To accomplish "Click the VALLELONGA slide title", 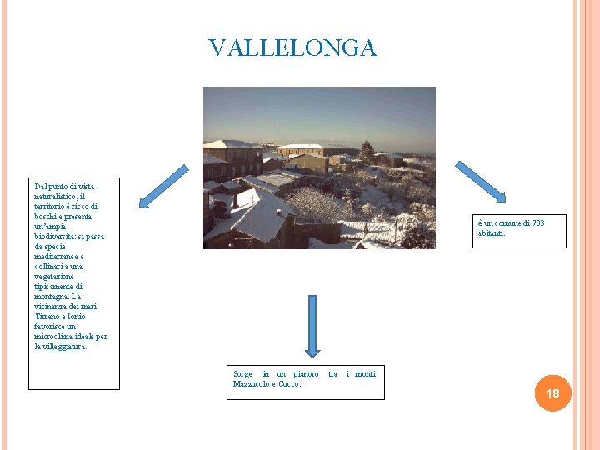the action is (x=292, y=48).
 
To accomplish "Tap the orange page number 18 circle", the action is (x=552, y=392).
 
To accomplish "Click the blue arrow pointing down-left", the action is (x=163, y=186).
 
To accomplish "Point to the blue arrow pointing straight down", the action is (x=312, y=326).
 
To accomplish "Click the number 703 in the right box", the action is (x=537, y=223).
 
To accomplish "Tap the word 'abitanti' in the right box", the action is (x=492, y=233).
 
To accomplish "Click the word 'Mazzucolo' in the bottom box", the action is (x=251, y=384).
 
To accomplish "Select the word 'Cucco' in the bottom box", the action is (x=289, y=384).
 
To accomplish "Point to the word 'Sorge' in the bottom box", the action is (x=242, y=374).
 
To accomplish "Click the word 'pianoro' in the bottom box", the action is (x=306, y=374).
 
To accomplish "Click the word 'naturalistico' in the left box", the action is (x=57, y=196).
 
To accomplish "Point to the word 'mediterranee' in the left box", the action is (x=57, y=257).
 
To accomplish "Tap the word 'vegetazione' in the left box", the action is (x=54, y=277).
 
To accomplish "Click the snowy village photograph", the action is (x=318, y=168).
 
